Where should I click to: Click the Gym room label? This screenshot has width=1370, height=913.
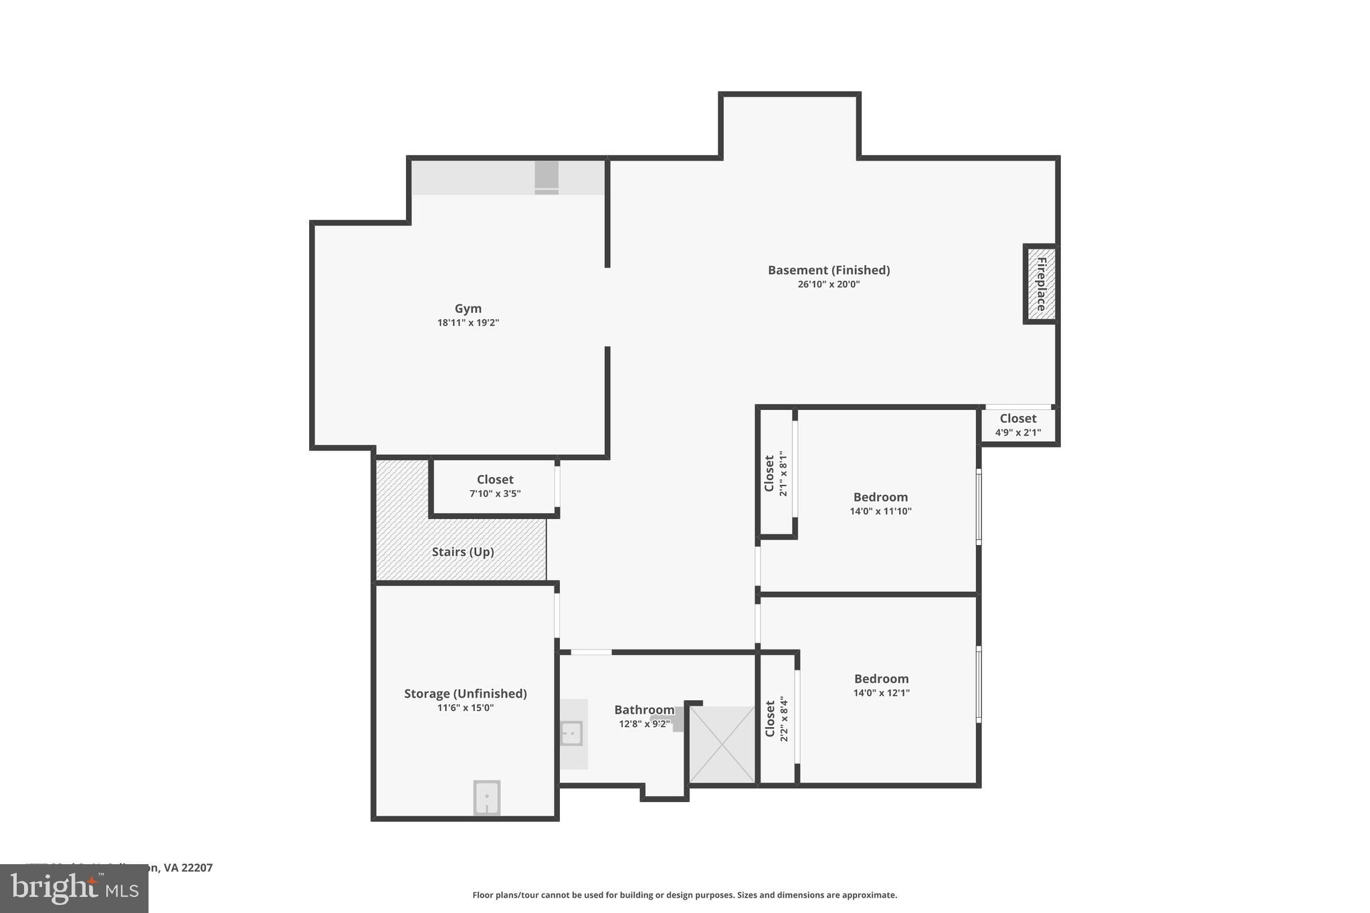tap(468, 308)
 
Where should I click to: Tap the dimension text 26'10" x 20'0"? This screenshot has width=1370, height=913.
tap(828, 284)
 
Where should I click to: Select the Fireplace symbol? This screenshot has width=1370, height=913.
tap(1041, 284)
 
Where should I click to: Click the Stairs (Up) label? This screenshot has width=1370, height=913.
tap(462, 552)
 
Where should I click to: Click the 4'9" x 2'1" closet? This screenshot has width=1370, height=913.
tap(1017, 425)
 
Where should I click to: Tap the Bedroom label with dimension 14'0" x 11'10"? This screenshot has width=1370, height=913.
tap(880, 497)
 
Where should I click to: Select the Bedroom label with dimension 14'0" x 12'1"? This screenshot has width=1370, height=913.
tap(881, 679)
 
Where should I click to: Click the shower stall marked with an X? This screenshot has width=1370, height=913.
tap(722, 744)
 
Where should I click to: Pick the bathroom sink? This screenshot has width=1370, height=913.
tap(572, 734)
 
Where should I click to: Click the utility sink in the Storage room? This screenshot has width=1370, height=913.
tap(486, 797)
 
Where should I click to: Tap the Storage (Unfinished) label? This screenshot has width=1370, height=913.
tap(465, 694)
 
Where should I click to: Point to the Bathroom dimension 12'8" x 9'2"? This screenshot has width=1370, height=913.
tap(644, 724)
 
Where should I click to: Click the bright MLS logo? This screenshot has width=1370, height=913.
tap(74, 889)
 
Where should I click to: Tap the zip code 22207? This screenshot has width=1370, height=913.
tap(197, 868)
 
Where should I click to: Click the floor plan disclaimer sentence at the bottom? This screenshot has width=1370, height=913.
tap(684, 895)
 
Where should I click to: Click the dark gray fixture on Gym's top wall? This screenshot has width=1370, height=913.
tap(546, 177)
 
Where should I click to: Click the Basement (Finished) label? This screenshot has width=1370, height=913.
tap(828, 270)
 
